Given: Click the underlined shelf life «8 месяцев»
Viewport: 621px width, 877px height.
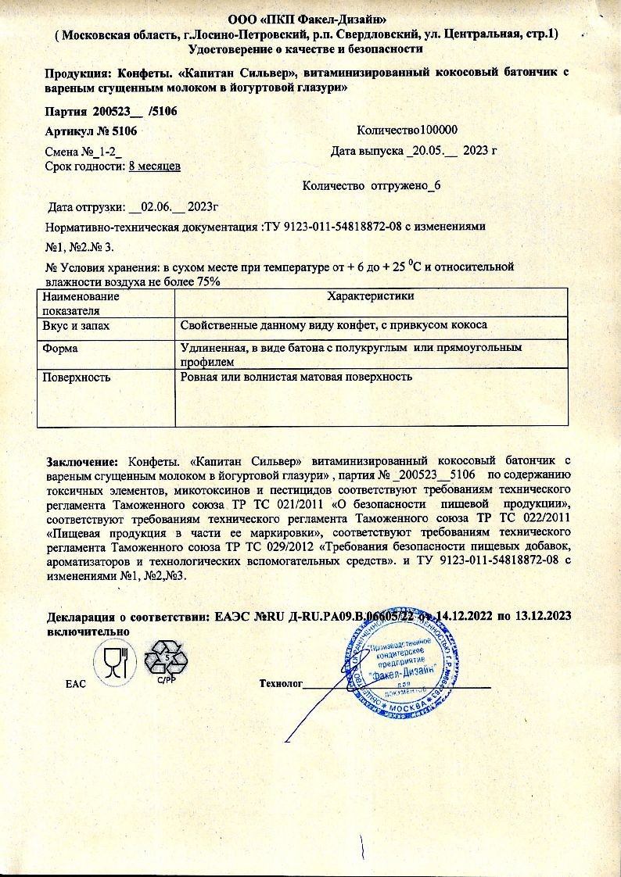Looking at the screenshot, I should coord(155,166).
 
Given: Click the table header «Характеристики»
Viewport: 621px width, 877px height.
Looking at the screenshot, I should coord(370,295).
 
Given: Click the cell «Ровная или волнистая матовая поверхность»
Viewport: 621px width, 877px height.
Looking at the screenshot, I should coord(296,377).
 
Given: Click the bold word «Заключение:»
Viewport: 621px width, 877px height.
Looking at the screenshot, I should coord(82,460).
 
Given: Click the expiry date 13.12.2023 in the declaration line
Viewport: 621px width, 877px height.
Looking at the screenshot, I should coord(542,616).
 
